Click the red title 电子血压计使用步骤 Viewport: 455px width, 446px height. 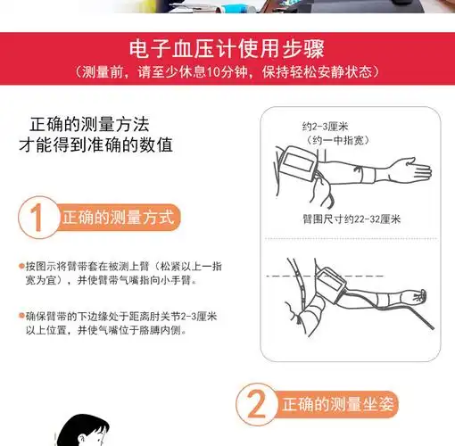click(227, 49)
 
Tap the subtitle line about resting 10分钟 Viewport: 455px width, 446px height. click(227, 70)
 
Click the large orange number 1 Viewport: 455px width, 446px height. click(37, 219)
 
